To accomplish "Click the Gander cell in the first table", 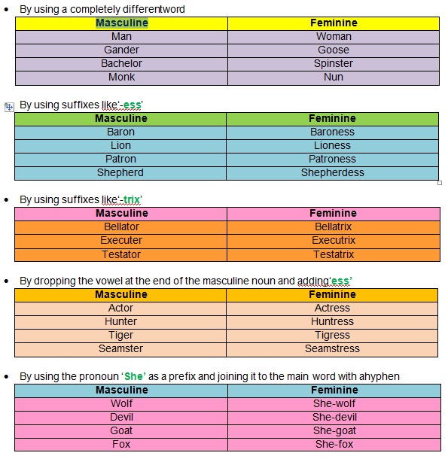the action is pyautogui.click(x=121, y=50).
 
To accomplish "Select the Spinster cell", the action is pyautogui.click(x=334, y=64).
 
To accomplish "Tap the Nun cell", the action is pyautogui.click(x=334, y=78).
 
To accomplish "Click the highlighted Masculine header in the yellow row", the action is pyautogui.click(x=121, y=23).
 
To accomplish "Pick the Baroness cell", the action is pyautogui.click(x=332, y=132).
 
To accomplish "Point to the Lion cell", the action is pyautogui.click(x=120, y=146).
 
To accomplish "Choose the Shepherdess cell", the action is pyautogui.click(x=332, y=173).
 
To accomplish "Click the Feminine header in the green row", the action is pyautogui.click(x=332, y=119).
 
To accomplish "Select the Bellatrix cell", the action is pyautogui.click(x=333, y=227).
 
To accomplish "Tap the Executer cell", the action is pyautogui.click(x=121, y=241).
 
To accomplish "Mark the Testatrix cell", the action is pyautogui.click(x=333, y=254).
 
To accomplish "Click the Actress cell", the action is pyautogui.click(x=332, y=309).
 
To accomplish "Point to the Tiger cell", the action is pyautogui.click(x=120, y=336).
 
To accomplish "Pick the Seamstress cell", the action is pyautogui.click(x=332, y=349).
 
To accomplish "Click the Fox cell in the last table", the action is pyautogui.click(x=121, y=445).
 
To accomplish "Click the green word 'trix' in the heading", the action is pyautogui.click(x=132, y=200).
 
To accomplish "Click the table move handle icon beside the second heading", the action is pyautogui.click(x=9, y=107).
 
